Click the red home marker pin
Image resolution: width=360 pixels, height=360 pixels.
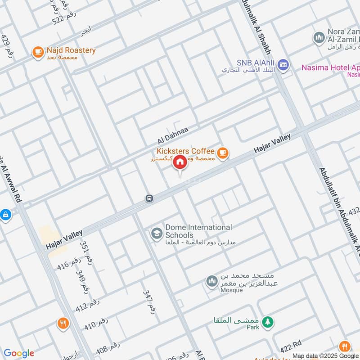pyautogui.click(x=180, y=162)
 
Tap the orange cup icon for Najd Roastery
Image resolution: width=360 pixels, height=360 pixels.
pyautogui.click(x=38, y=53)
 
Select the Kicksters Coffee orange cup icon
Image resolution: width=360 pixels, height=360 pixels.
pyautogui.click(x=222, y=153)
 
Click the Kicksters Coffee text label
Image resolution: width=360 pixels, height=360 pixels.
pyautogui.click(x=185, y=151)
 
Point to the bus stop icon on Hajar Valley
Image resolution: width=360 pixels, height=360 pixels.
pyautogui.click(x=149, y=198)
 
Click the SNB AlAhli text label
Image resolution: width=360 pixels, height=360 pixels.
pyautogui.click(x=250, y=63)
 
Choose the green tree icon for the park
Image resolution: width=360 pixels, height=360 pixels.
pyautogui.click(x=268, y=322)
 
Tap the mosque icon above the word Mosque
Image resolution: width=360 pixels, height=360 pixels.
pyautogui.click(x=211, y=282)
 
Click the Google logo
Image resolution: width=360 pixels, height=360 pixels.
pyautogui.click(x=18, y=353)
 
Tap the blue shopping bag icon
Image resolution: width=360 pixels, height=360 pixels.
pyautogui.click(x=5, y=215)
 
